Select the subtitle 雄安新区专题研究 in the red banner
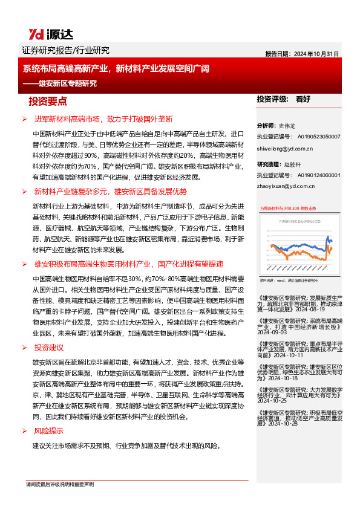[67, 84]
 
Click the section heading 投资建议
[49, 348]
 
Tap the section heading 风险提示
[49, 431]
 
